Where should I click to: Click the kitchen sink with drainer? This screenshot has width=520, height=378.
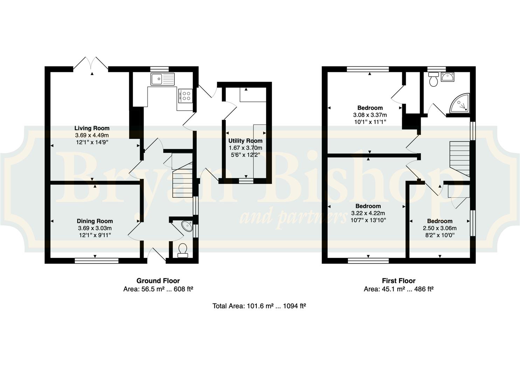point(162,79)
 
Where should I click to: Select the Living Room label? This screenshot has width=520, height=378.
point(92,128)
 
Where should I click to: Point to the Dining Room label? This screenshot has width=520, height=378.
point(95,221)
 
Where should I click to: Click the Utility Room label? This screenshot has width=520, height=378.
point(245,141)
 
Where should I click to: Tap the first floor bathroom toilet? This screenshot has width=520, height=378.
point(434,79)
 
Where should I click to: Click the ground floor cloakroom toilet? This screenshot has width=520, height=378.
point(182,250)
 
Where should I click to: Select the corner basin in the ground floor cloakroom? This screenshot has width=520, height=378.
point(187,226)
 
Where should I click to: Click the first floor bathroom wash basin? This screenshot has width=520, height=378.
point(448,77)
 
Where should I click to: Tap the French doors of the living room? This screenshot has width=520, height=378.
point(91,63)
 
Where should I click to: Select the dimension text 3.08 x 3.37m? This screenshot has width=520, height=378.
point(370,115)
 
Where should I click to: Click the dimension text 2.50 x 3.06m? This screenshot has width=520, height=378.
point(440,228)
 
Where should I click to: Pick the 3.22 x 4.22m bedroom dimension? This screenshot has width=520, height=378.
point(368,213)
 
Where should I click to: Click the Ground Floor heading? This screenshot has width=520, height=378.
point(158,281)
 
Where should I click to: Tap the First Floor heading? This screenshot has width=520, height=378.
point(398,281)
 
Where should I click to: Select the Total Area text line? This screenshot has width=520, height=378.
point(259,306)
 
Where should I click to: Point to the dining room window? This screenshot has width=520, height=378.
point(97,261)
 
